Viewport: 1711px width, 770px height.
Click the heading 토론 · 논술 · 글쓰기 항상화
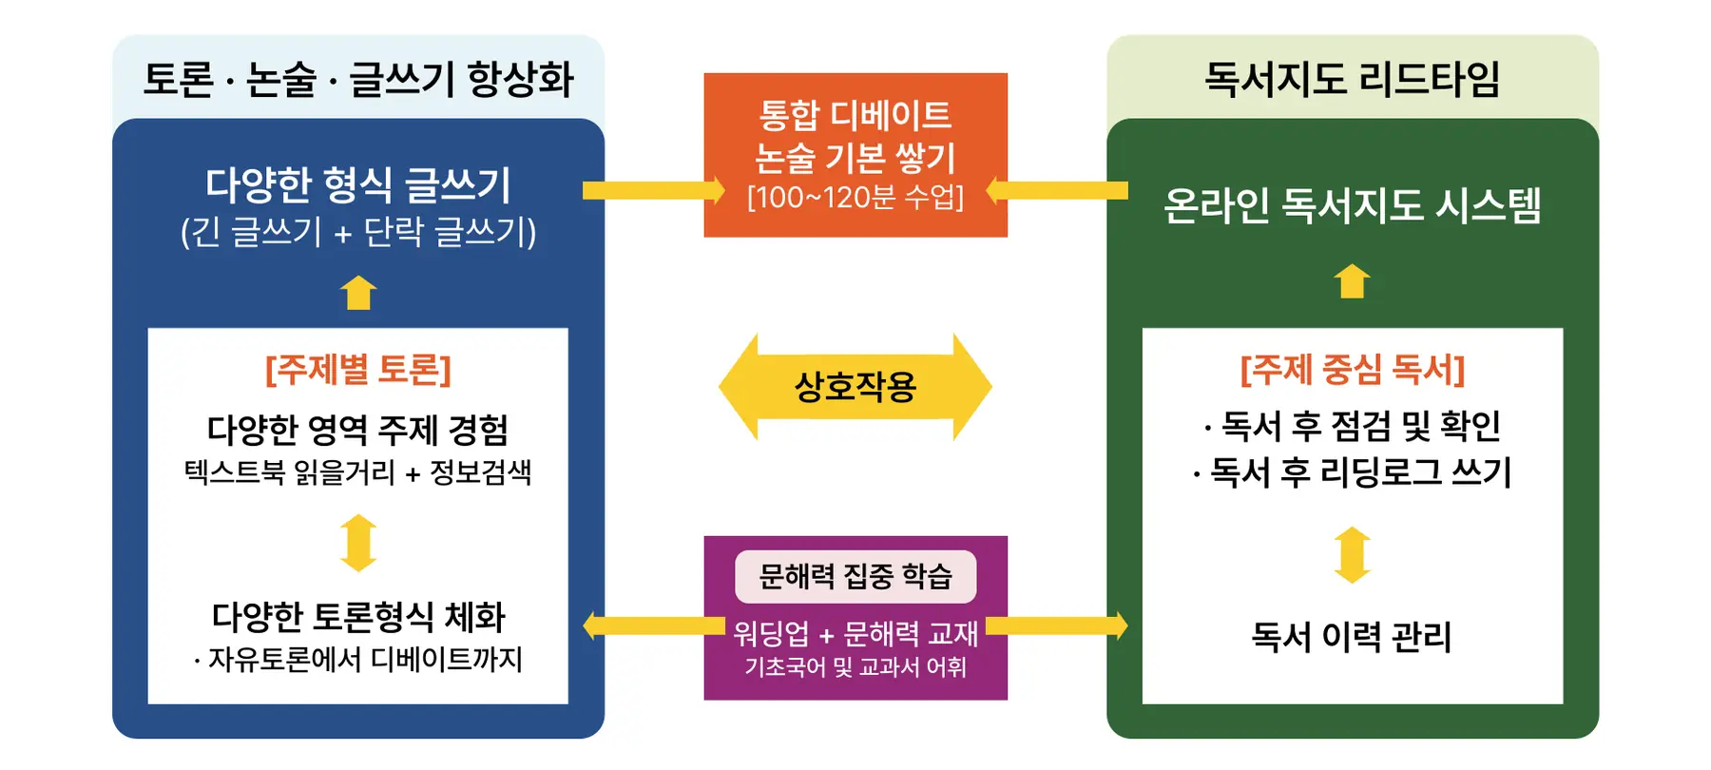[358, 79]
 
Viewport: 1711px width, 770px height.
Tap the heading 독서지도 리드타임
[1352, 79]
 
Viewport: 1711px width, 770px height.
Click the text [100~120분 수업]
[855, 198]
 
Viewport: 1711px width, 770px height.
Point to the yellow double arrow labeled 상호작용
[855, 386]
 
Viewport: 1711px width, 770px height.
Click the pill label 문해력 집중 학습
[855, 576]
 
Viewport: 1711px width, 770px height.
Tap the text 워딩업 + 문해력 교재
[855, 633]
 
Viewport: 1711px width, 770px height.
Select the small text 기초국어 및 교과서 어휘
[855, 667]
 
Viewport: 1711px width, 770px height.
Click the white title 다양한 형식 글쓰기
[358, 184]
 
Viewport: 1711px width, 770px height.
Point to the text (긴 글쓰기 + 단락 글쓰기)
[358, 232]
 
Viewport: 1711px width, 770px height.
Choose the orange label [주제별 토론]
[358, 369]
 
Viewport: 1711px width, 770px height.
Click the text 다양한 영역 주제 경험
[358, 430]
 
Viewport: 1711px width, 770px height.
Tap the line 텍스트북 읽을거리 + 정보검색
[358, 472]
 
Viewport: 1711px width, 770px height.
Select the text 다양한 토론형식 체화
[358, 617]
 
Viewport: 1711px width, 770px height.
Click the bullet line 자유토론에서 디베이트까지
[358, 659]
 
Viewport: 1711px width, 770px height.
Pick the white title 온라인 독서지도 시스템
[1352, 205]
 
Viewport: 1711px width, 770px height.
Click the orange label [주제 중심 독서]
[1352, 369]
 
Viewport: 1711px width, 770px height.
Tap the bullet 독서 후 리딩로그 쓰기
[1352, 472]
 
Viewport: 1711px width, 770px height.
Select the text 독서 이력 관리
[1352, 637]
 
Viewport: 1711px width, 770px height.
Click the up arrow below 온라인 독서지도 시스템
[1352, 281]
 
